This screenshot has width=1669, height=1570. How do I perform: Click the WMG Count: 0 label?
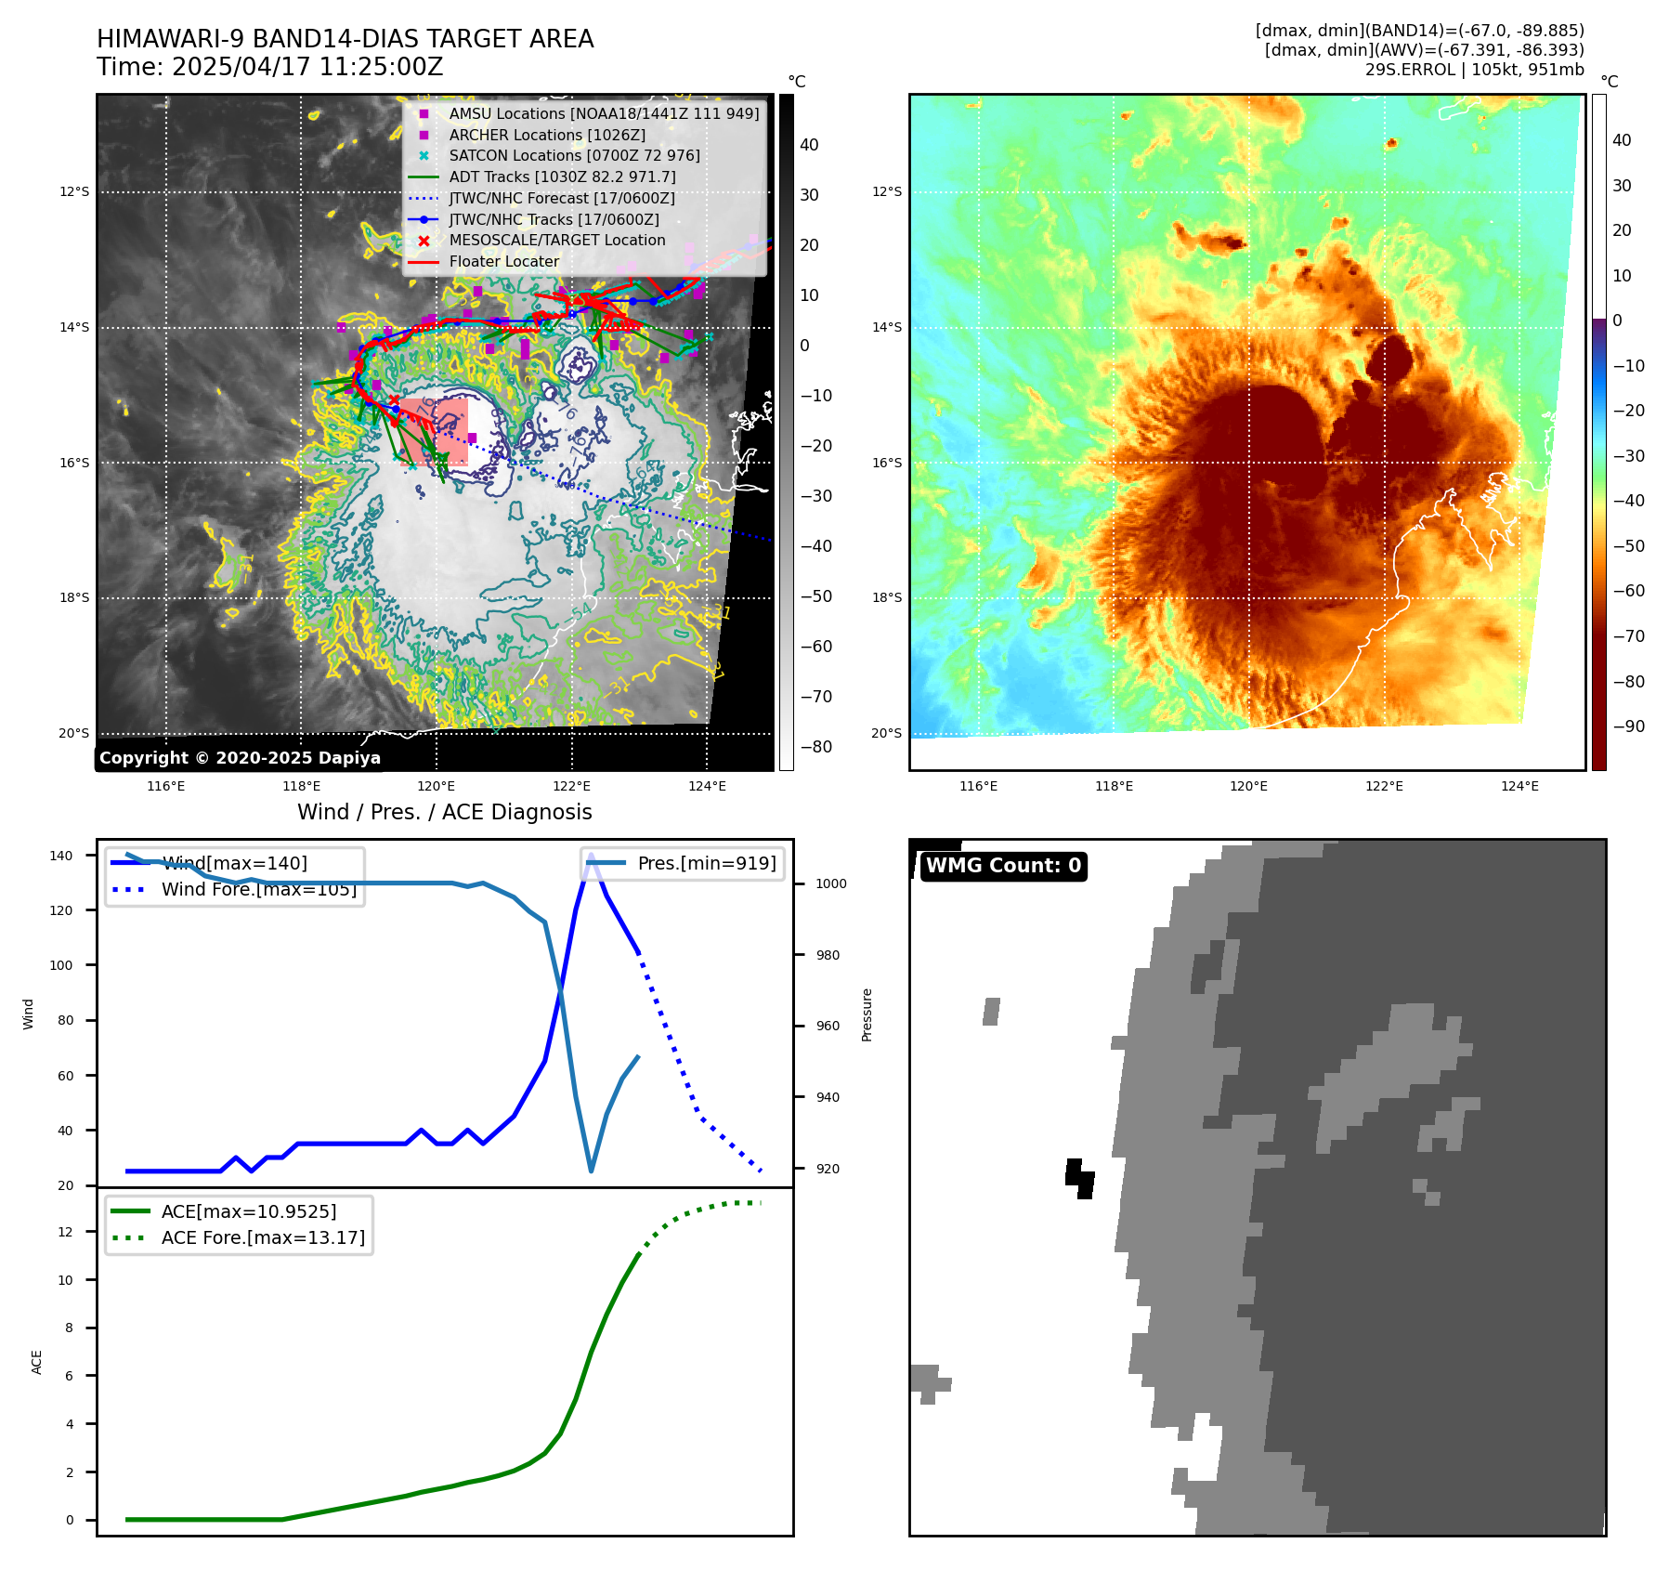coord(1003,866)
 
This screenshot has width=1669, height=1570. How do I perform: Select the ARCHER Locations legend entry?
coord(546,135)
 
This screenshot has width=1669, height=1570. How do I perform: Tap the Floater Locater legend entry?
coord(503,262)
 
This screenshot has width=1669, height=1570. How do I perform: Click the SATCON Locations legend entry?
coord(574,156)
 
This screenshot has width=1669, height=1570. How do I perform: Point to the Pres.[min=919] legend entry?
coord(706,863)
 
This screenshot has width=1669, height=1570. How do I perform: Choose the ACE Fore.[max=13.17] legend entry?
coord(263,1237)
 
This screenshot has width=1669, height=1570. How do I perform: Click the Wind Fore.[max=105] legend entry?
coord(258,889)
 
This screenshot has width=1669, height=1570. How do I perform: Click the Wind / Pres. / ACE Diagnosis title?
coord(444,812)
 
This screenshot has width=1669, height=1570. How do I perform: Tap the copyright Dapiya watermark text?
coord(240,758)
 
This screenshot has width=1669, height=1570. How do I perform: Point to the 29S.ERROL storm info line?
coord(1474,70)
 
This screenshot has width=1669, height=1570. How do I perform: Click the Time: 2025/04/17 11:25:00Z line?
coord(269,68)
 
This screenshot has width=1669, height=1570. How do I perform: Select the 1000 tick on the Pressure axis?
coord(830,883)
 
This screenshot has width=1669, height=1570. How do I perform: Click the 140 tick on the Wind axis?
coord(60,856)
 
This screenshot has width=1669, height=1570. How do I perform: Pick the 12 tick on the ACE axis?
coord(65,1232)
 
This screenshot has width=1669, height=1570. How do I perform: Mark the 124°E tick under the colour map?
coord(1519,787)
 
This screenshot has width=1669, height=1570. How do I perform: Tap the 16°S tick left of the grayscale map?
coord(74,463)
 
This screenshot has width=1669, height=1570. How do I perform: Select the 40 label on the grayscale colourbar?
coord(809,145)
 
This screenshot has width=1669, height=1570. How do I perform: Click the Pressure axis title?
coord(867,1014)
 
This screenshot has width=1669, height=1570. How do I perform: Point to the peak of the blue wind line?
coord(591,855)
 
